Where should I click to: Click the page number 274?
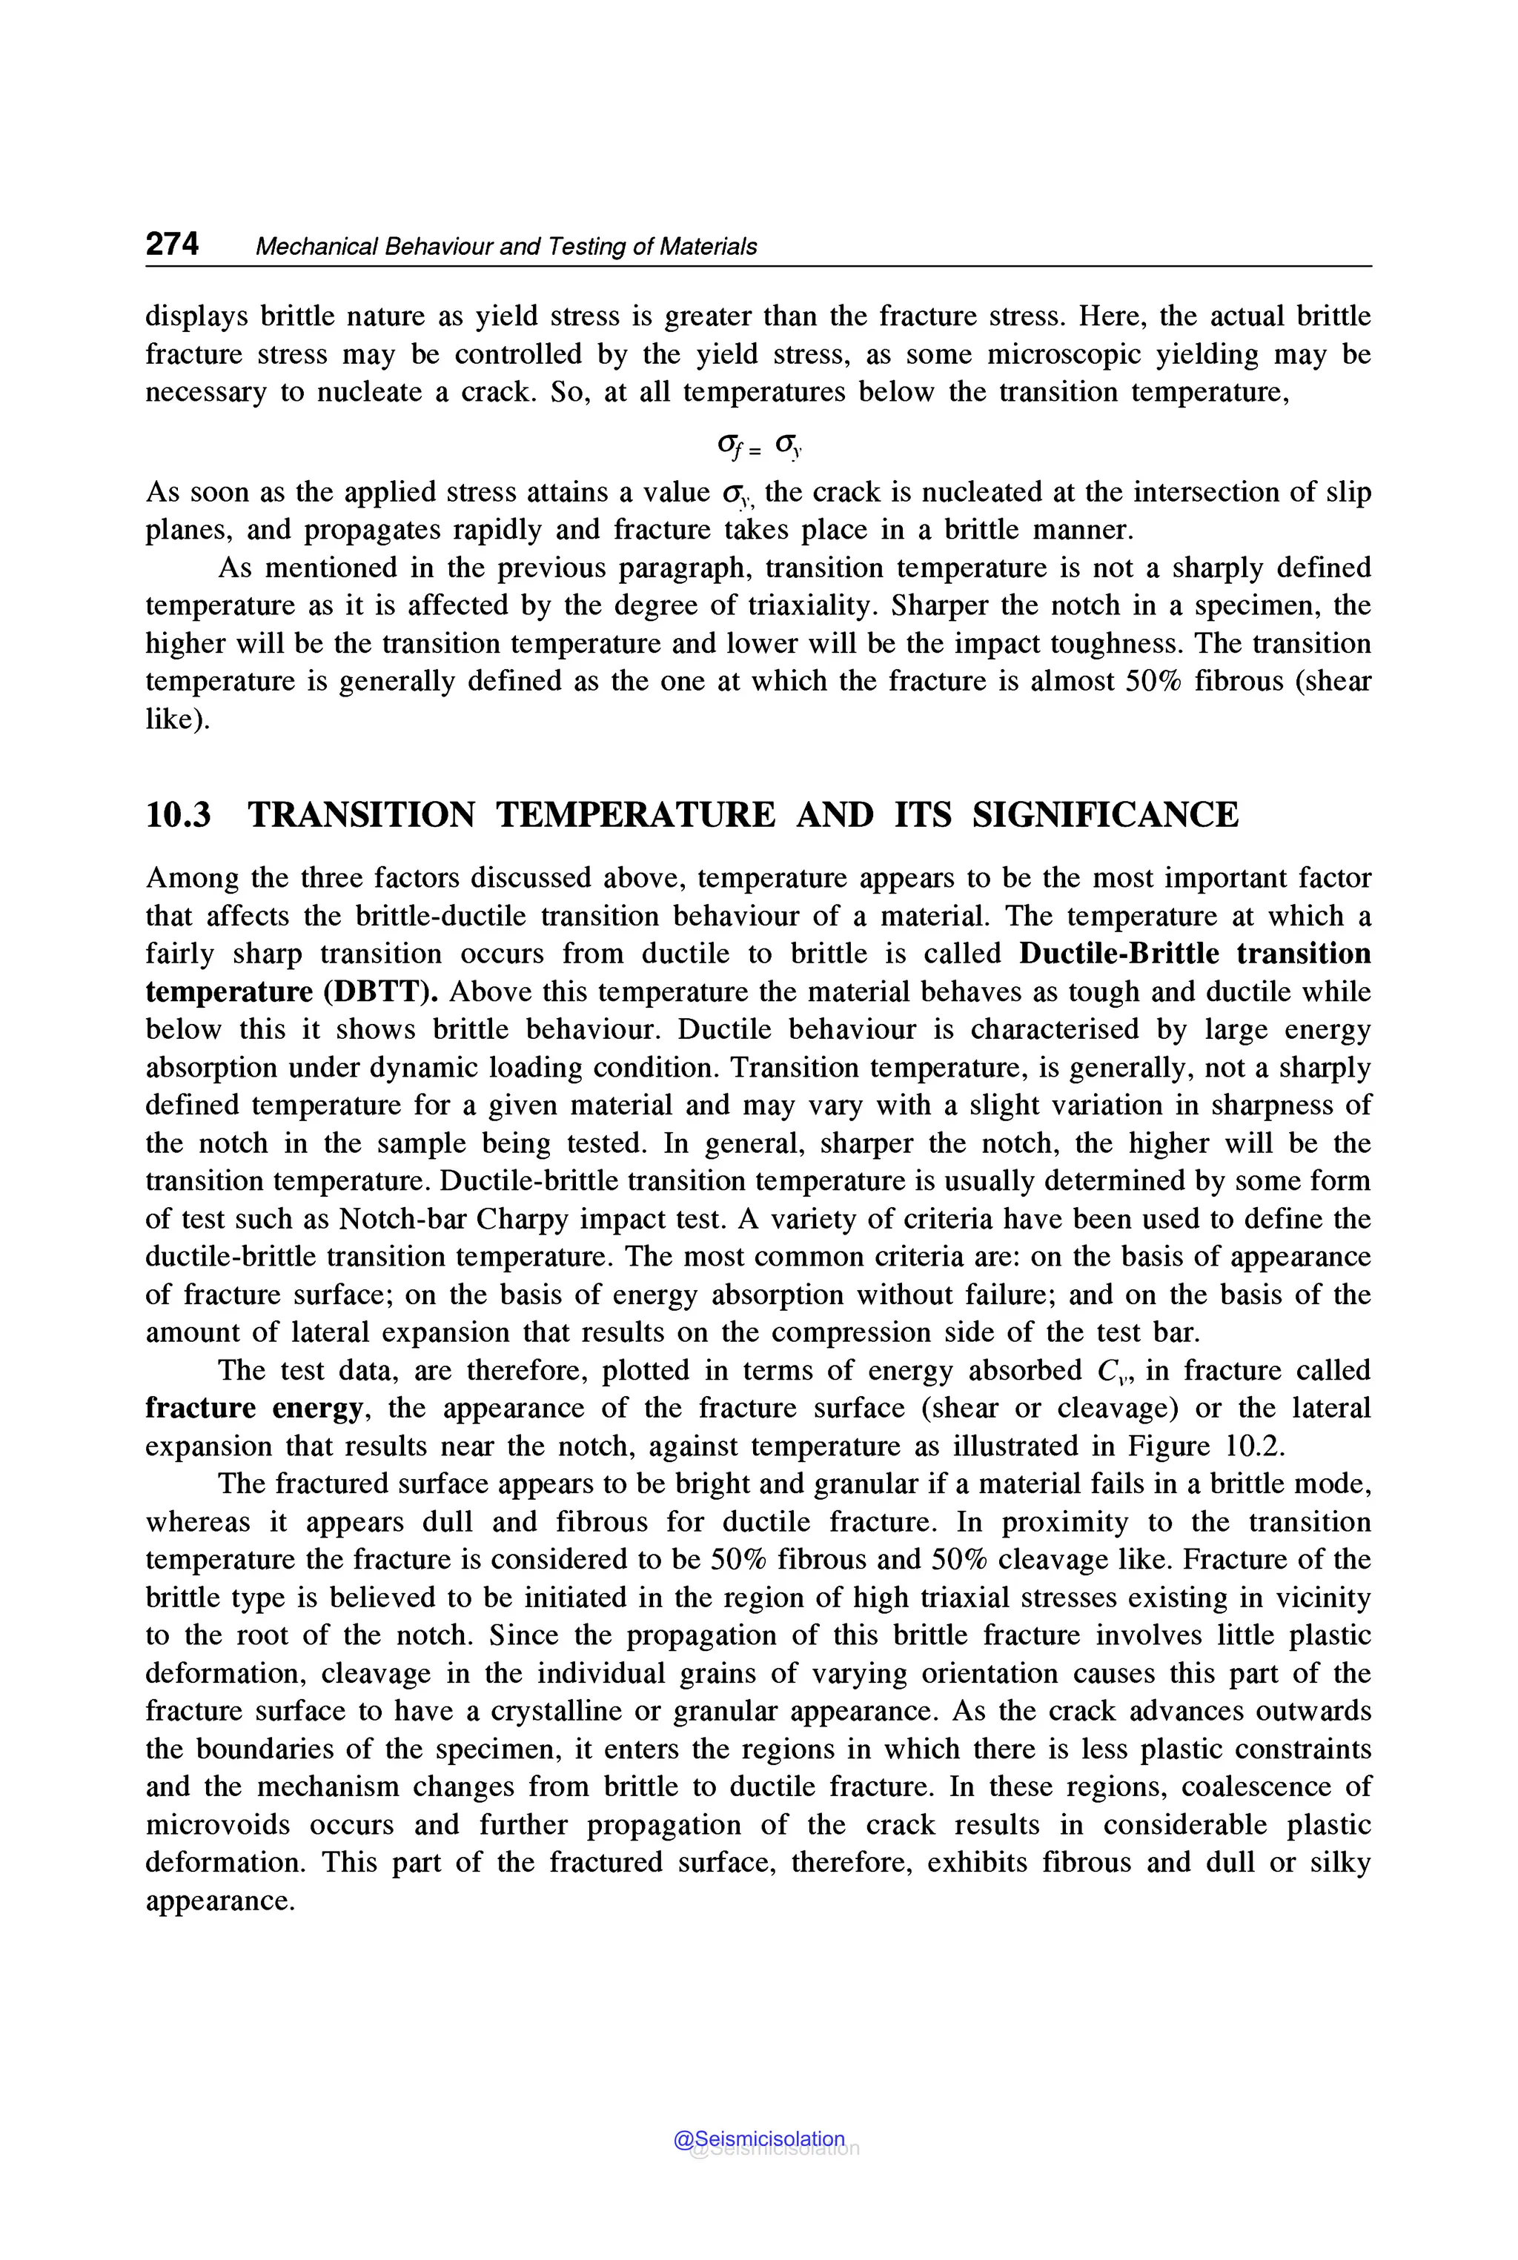172,244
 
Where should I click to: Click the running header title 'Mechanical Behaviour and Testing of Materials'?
506,247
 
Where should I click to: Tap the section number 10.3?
178,815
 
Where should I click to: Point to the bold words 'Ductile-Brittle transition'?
1195,954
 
